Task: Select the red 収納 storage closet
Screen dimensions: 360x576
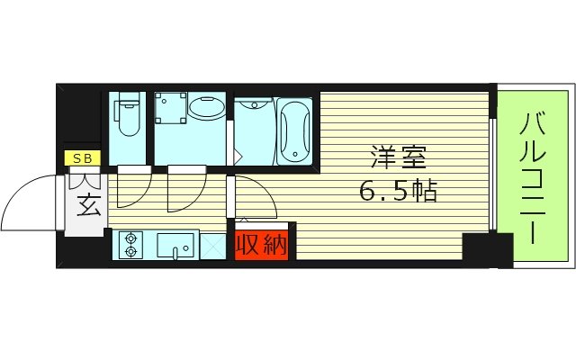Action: pyautogui.click(x=262, y=243)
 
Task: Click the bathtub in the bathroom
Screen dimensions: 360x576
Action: pyautogui.click(x=294, y=132)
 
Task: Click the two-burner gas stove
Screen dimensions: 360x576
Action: pyautogui.click(x=132, y=245)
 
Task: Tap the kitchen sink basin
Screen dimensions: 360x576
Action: pyautogui.click(x=176, y=244)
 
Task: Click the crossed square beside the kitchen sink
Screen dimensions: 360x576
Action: pyautogui.click(x=212, y=246)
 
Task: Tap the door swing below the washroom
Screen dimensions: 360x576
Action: pyautogui.click(x=182, y=189)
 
